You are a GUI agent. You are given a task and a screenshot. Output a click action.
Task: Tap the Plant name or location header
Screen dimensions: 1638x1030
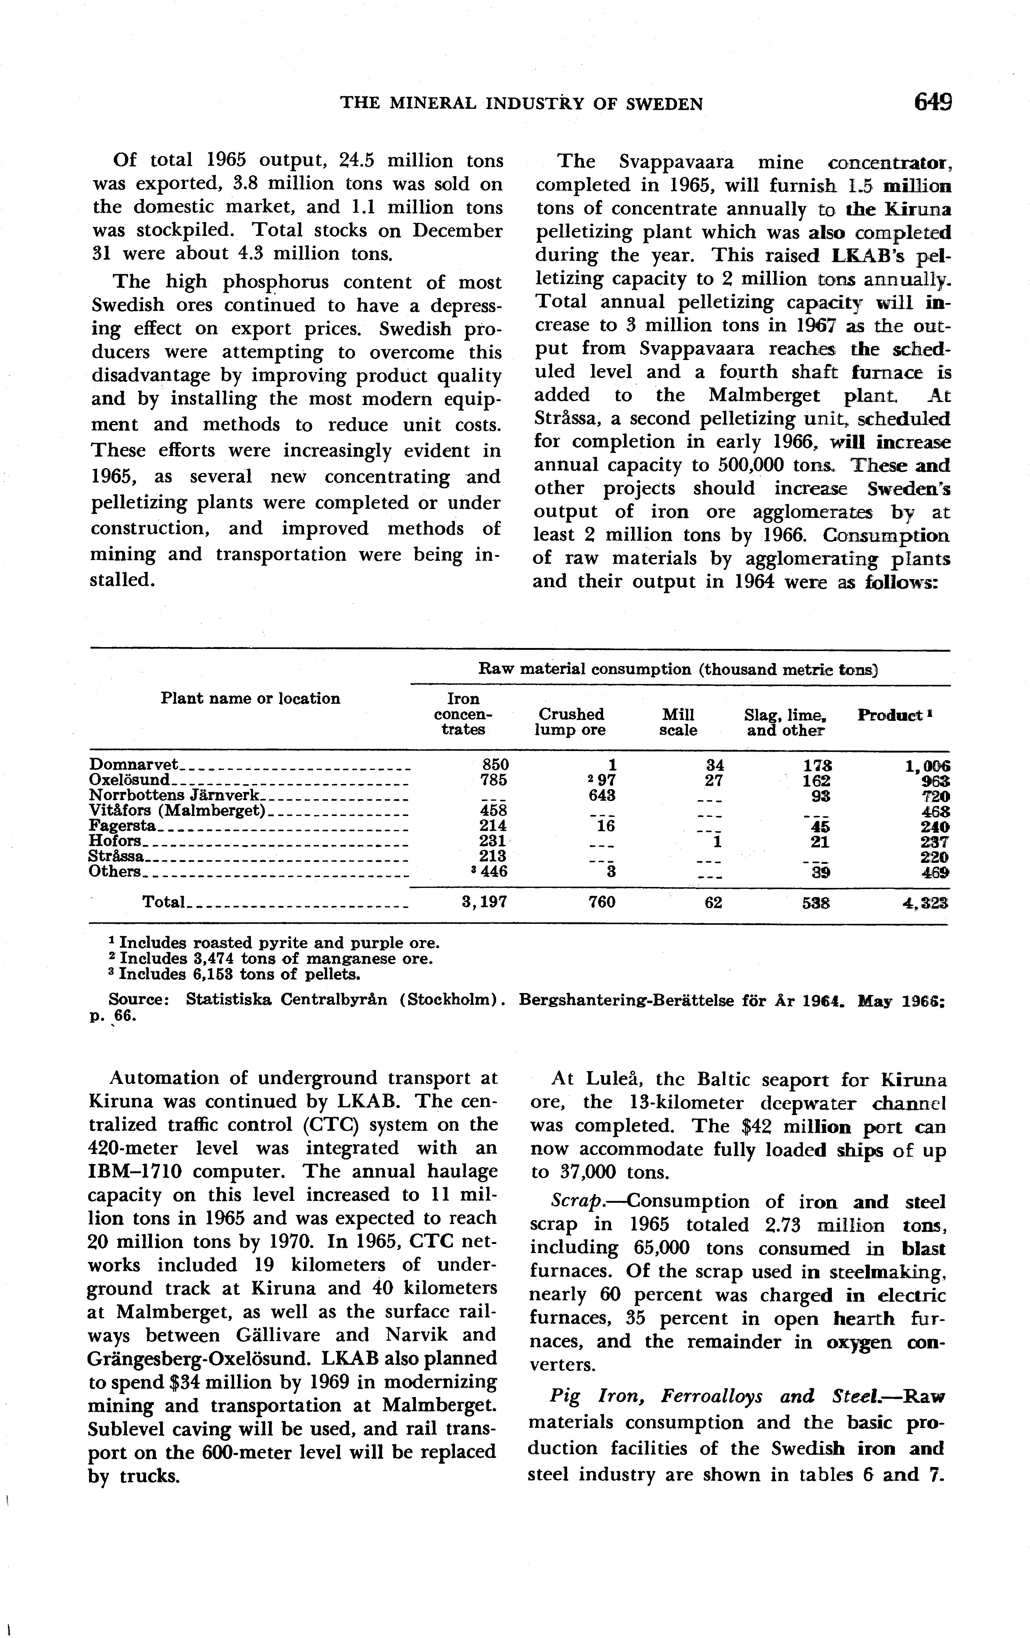pyautogui.click(x=250, y=699)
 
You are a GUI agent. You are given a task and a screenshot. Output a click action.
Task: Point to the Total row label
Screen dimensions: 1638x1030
pyautogui.click(x=163, y=902)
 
